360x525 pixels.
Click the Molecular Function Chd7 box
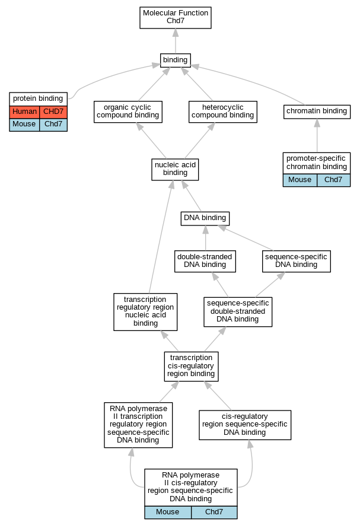point(176,17)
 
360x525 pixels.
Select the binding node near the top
point(176,61)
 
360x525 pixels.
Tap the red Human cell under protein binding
point(24,112)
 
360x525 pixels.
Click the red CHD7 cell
point(53,112)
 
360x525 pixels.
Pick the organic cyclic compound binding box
point(128,112)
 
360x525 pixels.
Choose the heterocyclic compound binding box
point(223,112)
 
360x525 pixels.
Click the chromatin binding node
point(317,112)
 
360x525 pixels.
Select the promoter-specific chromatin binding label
point(317,163)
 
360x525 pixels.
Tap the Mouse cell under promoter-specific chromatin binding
point(300,180)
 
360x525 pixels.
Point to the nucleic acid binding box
point(175,170)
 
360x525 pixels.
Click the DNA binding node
point(205,218)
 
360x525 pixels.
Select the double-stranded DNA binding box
point(205,261)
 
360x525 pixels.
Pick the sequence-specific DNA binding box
point(297,261)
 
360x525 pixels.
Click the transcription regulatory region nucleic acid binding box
point(145,311)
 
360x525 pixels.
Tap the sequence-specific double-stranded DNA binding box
point(238,311)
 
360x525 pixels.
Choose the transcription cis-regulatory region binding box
point(191,366)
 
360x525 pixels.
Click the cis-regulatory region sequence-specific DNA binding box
point(245,425)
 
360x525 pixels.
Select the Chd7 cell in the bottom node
point(214,513)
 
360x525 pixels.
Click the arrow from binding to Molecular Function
point(176,41)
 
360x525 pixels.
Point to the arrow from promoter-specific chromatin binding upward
point(317,136)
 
